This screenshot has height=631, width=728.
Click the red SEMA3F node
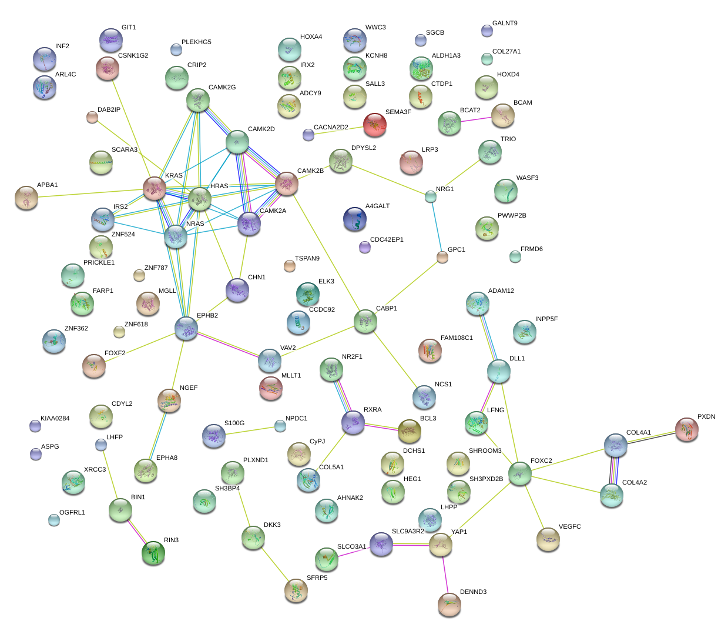pos(375,124)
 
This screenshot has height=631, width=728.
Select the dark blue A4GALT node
pos(355,219)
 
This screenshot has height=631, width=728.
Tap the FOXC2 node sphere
pos(520,473)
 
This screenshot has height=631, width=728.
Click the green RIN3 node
pos(153,553)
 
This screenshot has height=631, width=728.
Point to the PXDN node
pos(687,429)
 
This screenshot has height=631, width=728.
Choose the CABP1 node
pos(365,321)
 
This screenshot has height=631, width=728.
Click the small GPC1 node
pos(442,257)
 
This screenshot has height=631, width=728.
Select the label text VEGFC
pos(569,527)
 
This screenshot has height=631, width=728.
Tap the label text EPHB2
pos(207,316)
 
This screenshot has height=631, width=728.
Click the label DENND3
pos(473,592)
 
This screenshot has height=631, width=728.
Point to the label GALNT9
pos(505,24)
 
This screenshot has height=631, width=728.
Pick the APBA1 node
pos(26,198)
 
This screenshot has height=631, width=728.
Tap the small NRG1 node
pos(431,197)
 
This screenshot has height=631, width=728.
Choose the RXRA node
pos(353,422)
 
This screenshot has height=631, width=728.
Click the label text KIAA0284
pos(55,419)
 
